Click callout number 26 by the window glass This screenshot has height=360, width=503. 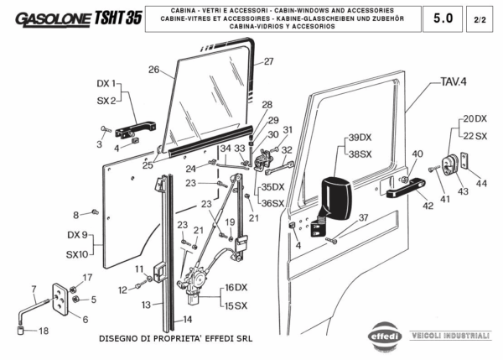click(x=153, y=69)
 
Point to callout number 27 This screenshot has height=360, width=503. click(x=268, y=61)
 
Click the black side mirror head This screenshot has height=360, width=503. click(x=338, y=196)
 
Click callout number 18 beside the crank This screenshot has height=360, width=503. click(x=44, y=331)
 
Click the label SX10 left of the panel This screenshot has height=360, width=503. click(x=75, y=254)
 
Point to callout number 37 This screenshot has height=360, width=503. click(x=363, y=217)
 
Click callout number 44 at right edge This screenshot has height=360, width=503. click(x=480, y=183)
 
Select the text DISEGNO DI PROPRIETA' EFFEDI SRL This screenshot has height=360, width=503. click(x=174, y=339)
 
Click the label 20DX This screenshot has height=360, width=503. click(x=474, y=119)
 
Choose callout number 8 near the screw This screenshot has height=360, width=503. click(x=75, y=215)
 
